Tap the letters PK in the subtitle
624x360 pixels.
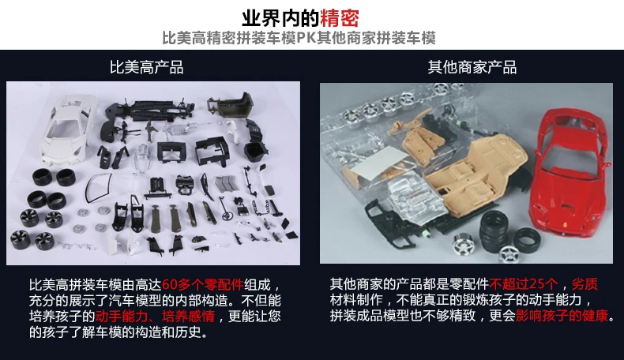306,38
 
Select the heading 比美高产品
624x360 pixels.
147,67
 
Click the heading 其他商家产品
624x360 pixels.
472,67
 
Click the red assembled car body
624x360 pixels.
569,175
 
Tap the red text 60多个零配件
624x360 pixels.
202,284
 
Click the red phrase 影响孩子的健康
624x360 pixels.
562,316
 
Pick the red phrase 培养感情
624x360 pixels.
188,317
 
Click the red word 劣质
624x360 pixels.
585,284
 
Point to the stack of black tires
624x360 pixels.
493,231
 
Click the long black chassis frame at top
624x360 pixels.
149,110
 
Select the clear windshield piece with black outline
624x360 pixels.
98,188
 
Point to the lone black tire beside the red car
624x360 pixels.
527,240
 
